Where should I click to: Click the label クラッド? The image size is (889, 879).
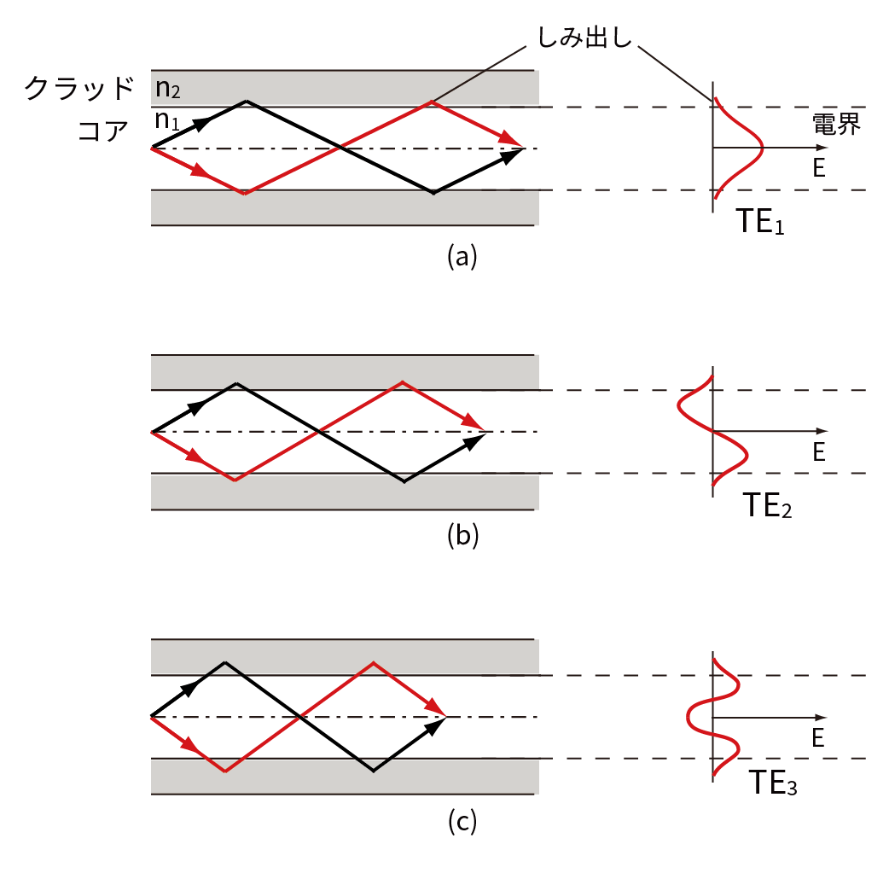(x=79, y=88)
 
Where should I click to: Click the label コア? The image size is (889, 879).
(x=102, y=131)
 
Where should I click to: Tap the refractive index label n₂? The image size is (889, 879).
(x=168, y=88)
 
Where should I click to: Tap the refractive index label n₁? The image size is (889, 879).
(x=167, y=120)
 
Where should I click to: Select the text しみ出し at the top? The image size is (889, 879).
(x=584, y=38)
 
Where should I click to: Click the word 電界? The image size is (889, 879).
(x=836, y=125)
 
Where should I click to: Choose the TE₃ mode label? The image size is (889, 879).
(x=773, y=783)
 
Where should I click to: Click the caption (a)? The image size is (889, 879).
(x=462, y=255)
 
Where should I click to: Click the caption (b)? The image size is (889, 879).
(x=462, y=535)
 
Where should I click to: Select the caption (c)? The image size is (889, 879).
(x=462, y=821)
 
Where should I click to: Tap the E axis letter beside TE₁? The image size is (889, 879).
(x=819, y=168)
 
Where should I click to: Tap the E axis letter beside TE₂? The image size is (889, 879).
(x=819, y=452)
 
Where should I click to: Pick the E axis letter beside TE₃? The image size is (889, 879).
(x=818, y=737)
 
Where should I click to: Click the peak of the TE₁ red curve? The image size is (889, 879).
(x=762, y=148)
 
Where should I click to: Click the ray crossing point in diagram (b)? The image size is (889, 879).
(x=319, y=432)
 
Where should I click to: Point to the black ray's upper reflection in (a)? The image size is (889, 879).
(x=247, y=102)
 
